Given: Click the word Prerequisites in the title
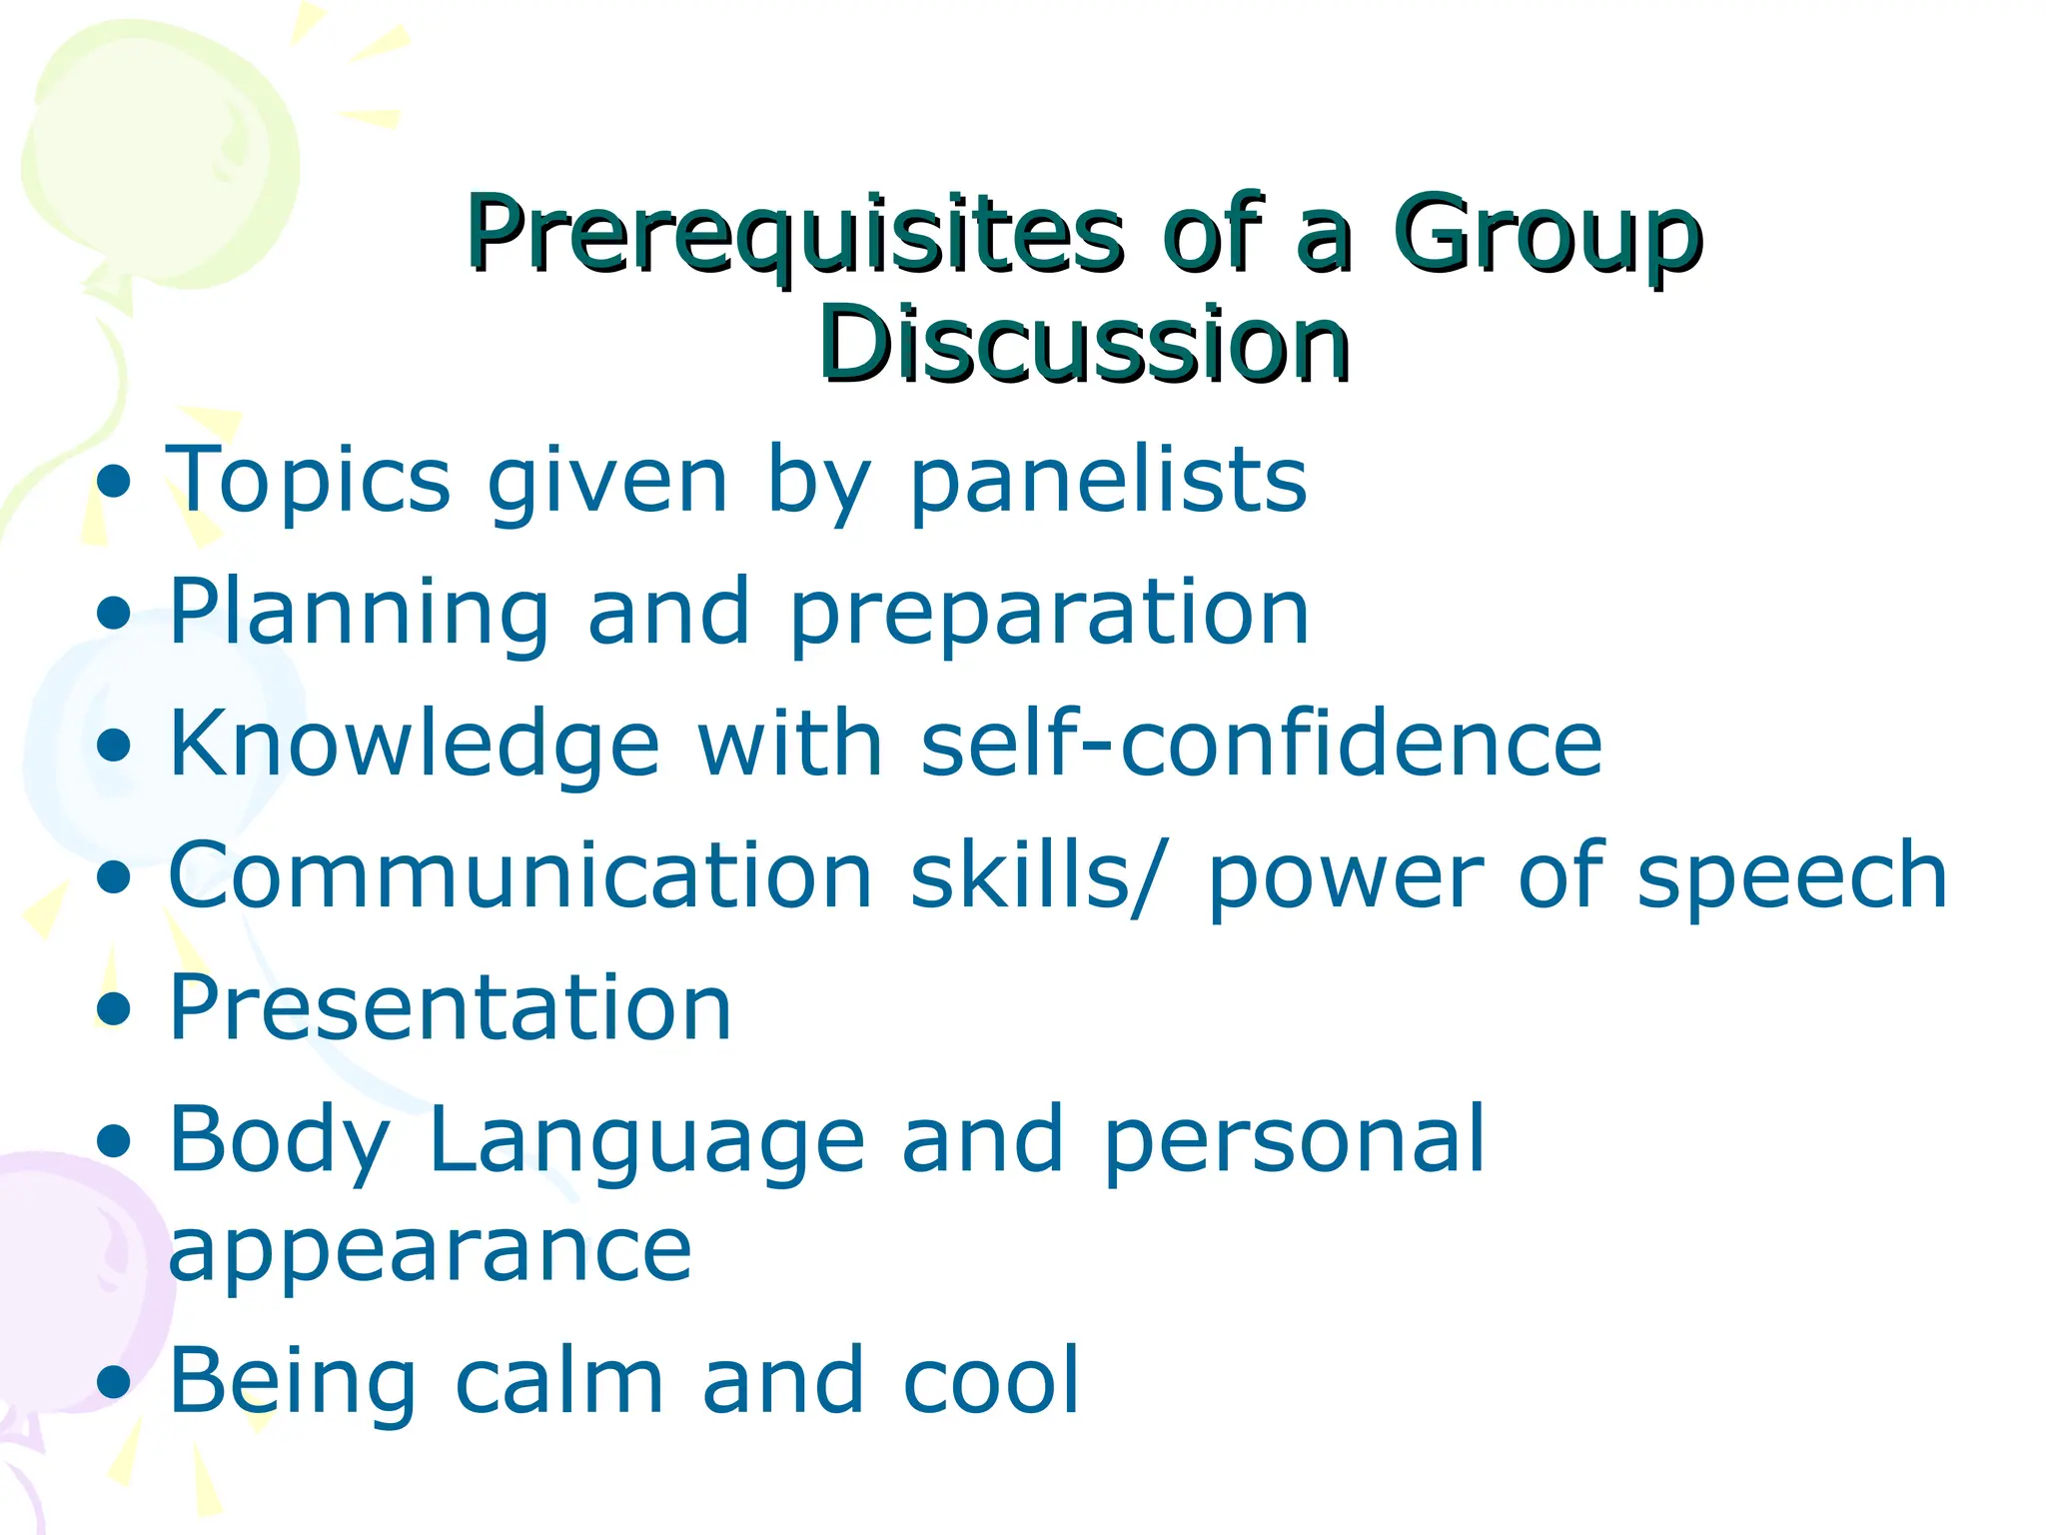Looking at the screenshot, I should pos(794,235).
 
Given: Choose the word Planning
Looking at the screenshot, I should pos(359,613).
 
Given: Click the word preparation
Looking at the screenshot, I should pos(1049,613).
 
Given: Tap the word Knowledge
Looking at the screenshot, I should pos(415,744).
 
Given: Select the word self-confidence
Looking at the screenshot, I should pos(1261,744).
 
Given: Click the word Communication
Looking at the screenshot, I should pos(520,875).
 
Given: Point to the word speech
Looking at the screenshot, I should pos(1792,875).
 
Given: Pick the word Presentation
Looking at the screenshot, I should pos(451,1007).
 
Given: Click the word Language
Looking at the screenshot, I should pos(646,1139).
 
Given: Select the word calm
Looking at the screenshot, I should pos(559,1381).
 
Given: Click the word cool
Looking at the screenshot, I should pos(991,1381).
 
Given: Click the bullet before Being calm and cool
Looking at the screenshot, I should pos(115,1383).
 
